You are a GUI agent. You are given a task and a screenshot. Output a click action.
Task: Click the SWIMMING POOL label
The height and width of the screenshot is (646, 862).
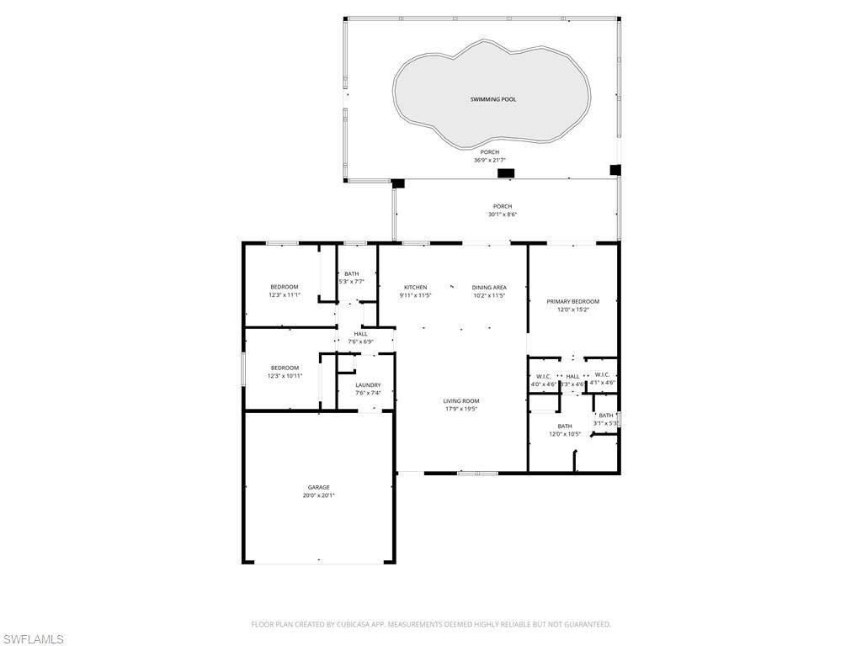pos(493,99)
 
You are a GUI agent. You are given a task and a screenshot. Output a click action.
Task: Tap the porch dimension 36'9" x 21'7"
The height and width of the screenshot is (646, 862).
pos(489,160)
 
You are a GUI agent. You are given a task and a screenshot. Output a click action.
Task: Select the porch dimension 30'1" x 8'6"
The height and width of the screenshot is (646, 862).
pos(502,214)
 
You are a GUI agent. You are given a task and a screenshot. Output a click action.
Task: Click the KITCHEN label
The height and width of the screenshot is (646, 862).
pos(415,288)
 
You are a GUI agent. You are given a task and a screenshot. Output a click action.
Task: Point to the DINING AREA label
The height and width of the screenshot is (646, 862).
pos(488,288)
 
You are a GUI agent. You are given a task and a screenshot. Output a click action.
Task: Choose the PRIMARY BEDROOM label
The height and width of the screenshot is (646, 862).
pos(572,301)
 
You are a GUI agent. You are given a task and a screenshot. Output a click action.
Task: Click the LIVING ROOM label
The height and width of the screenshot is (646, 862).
pos(461,401)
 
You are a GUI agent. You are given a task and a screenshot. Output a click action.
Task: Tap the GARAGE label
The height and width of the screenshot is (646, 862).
pos(318,487)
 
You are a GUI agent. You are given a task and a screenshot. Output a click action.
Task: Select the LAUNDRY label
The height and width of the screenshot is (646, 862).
pos(368,385)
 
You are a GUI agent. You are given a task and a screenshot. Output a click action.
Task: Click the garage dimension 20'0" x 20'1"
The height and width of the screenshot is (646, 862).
pos(318,495)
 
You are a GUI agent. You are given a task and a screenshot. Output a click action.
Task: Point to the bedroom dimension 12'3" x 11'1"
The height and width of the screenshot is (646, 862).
pos(284,295)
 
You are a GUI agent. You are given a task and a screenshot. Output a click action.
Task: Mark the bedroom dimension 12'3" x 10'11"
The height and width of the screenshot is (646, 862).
pos(285,376)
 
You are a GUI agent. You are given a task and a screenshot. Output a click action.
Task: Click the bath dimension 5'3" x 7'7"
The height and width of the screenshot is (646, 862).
pos(351,282)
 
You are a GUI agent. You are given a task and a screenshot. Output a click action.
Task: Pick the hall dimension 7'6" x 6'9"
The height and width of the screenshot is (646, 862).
pos(360,342)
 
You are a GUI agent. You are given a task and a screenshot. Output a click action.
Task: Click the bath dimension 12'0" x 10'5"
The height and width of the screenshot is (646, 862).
pos(564,434)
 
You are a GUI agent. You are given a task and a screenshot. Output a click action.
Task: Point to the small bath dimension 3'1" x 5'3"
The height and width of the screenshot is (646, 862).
pos(606,423)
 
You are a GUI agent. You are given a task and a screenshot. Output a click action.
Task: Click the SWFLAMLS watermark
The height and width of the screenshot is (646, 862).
pos(33,639)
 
